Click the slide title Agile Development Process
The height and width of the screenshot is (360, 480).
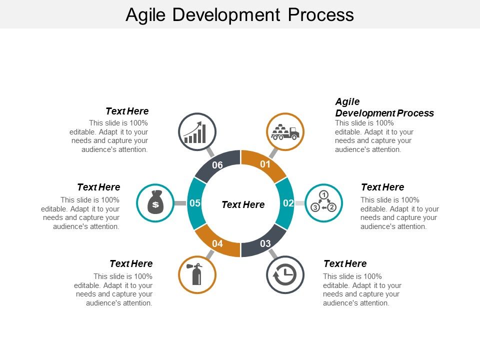click(x=239, y=14)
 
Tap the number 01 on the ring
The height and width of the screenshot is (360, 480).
click(x=265, y=164)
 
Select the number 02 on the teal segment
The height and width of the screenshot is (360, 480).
click(x=288, y=203)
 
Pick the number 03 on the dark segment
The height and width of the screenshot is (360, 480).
click(x=265, y=243)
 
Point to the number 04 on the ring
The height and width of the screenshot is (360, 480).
click(x=217, y=243)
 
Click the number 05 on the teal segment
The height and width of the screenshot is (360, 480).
click(x=195, y=203)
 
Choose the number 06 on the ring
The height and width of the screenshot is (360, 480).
click(x=217, y=165)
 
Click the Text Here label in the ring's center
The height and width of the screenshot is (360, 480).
click(x=243, y=204)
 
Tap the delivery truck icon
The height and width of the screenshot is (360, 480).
click(x=285, y=132)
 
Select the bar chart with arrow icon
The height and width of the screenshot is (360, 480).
click(x=197, y=132)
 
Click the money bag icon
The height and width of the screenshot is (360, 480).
click(x=155, y=203)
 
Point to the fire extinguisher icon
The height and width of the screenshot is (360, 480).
click(x=197, y=274)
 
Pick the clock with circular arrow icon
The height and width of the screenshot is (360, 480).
click(x=285, y=274)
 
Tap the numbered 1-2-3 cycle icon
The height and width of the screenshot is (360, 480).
click(x=323, y=203)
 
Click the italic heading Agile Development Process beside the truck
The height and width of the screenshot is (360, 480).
click(x=384, y=107)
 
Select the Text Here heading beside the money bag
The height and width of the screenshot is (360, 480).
click(x=98, y=187)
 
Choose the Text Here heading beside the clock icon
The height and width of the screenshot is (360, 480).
click(x=345, y=263)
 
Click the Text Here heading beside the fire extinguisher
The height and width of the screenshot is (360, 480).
click(x=131, y=263)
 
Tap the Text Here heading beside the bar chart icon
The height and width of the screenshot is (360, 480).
click(x=127, y=110)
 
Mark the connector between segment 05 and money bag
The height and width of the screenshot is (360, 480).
click(x=180, y=203)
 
